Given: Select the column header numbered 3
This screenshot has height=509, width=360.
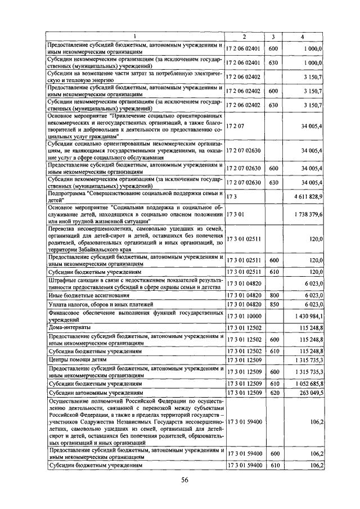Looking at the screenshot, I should [x=272, y=37].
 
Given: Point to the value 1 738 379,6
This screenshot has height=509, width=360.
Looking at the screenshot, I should [x=307, y=214].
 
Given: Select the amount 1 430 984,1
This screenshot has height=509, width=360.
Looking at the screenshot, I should [x=307, y=317].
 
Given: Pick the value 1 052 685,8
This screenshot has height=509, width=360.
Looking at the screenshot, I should [x=307, y=384].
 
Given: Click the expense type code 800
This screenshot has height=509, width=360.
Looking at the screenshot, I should [x=273, y=295].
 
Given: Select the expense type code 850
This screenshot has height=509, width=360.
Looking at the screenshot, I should [x=273, y=304].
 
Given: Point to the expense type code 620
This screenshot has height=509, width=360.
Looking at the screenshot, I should [x=273, y=393].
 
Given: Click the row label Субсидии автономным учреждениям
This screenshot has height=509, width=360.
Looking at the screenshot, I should [x=95, y=393].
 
